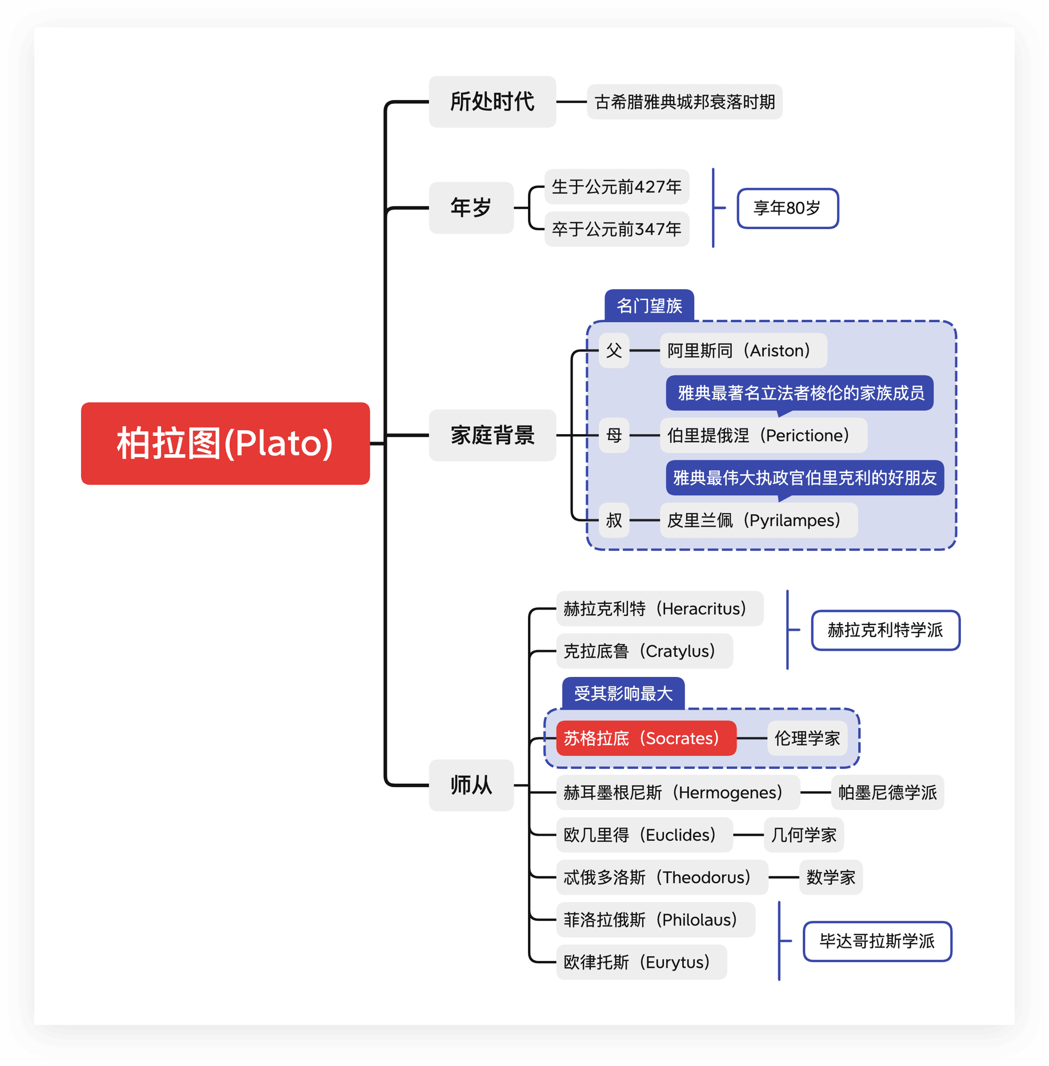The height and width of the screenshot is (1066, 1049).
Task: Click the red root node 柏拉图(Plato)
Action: tap(225, 443)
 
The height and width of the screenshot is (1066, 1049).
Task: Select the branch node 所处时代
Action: tap(492, 102)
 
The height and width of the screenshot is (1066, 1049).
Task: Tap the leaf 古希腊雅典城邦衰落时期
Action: tap(684, 102)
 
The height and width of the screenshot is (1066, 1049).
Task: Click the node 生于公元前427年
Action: tap(616, 187)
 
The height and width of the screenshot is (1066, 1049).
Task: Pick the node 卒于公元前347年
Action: tap(616, 229)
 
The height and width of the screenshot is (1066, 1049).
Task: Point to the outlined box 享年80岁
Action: tap(787, 208)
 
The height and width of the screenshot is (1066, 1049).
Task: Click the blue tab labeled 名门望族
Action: tap(649, 306)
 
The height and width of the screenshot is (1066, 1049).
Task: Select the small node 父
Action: tap(614, 350)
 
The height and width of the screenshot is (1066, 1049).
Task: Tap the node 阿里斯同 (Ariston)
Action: tap(743, 350)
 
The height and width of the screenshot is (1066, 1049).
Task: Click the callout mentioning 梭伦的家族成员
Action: tap(799, 393)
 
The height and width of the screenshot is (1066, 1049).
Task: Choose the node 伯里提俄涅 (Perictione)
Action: tap(763, 435)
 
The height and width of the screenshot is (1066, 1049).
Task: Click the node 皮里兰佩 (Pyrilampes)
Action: tap(758, 520)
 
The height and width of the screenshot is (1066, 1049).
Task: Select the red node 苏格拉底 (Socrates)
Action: tap(646, 738)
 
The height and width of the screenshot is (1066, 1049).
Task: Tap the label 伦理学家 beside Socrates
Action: tap(807, 738)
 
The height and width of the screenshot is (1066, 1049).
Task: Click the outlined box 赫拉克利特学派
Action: tap(885, 630)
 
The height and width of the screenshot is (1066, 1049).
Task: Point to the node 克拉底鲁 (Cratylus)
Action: tap(644, 651)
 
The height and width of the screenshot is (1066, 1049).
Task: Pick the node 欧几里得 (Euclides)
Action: tap(644, 835)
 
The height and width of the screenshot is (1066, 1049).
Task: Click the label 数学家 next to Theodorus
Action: tap(830, 877)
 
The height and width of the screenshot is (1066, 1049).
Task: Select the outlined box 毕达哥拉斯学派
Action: tap(877, 941)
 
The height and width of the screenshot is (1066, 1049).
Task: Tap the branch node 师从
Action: tap(471, 785)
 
